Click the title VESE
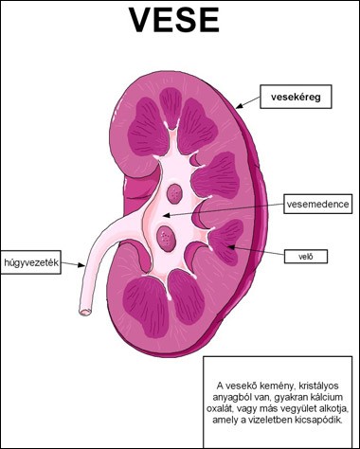tap(174, 20)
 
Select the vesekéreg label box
tap(296, 97)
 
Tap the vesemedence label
tap(317, 204)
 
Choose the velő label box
tap(306, 257)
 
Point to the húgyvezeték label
tap(30, 262)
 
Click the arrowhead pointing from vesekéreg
tap(239, 106)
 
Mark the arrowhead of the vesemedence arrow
tap(166, 216)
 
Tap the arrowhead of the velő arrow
tap(231, 247)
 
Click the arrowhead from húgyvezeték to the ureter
tap(81, 265)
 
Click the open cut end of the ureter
tap(85, 312)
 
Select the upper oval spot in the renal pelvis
tap(174, 193)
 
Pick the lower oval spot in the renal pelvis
tap(166, 238)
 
